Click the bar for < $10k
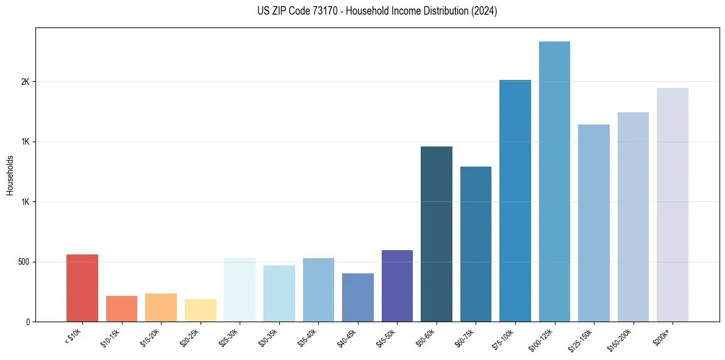tap(82, 288)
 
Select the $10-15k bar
tap(121, 309)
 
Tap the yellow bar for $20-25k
tap(200, 310)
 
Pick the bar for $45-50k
tap(397, 286)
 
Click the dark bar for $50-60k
tap(437, 234)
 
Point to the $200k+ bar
tap(673, 204)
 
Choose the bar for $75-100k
tap(515, 201)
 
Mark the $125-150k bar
tap(594, 223)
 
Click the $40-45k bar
tap(358, 297)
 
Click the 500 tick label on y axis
tap(23, 262)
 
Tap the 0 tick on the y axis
tap(28, 322)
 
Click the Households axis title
tap(10, 175)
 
